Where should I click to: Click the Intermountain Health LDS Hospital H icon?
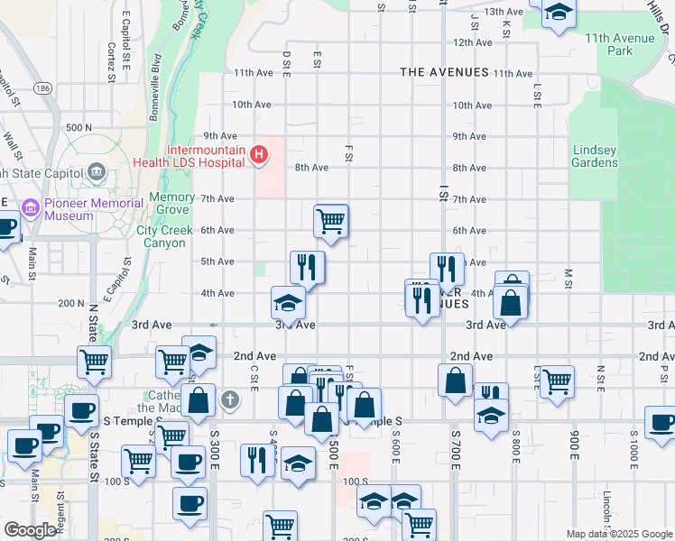point(259,155)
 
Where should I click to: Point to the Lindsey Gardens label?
point(595,156)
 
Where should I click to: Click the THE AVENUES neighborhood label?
point(444,72)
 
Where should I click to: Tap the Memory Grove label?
point(171,203)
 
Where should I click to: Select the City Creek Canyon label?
point(164,236)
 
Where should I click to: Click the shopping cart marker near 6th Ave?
point(331,220)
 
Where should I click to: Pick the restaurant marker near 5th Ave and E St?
point(307,266)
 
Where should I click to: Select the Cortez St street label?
point(111,61)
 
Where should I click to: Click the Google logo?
point(29,530)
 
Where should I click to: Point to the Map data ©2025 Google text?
point(618,534)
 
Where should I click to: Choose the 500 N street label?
point(79,128)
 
